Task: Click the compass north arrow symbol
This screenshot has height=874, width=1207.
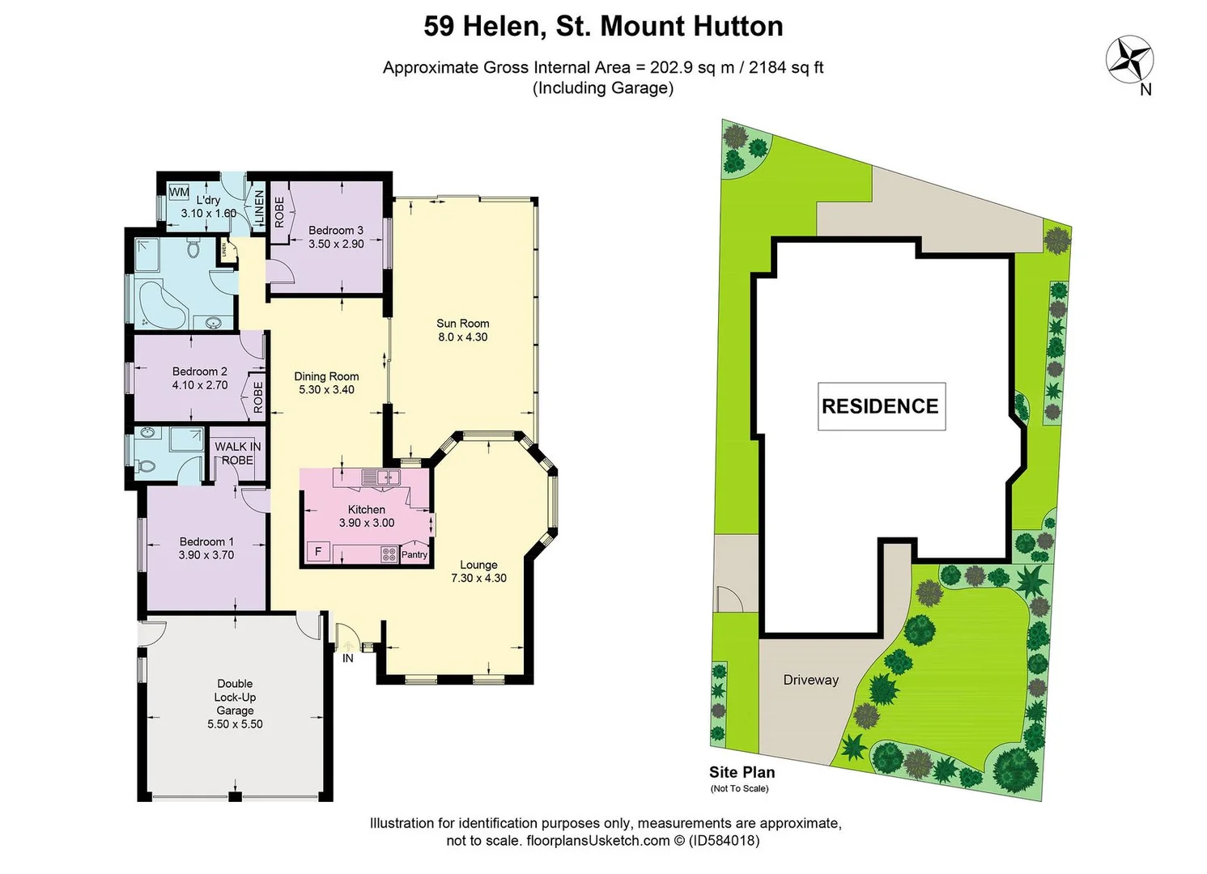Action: [1129, 59]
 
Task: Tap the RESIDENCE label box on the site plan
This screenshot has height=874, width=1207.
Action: [881, 406]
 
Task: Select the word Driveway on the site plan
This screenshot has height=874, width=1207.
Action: [810, 680]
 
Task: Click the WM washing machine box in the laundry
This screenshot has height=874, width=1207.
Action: [179, 193]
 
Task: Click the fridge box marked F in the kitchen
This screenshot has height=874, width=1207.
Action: [317, 552]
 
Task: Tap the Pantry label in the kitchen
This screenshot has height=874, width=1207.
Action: [414, 554]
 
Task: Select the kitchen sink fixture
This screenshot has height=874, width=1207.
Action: [380, 477]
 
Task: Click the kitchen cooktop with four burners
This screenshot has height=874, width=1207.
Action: [389, 554]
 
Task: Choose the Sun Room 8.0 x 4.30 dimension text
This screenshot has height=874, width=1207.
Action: [463, 337]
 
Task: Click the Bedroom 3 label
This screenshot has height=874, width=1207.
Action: [336, 230]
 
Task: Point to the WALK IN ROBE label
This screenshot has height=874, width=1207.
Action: [236, 453]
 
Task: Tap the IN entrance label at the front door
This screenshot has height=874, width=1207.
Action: [348, 658]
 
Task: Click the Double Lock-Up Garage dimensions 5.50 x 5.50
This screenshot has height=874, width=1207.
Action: [235, 724]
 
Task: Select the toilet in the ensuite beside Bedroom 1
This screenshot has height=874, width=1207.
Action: [146, 467]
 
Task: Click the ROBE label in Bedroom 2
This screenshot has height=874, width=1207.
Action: [258, 397]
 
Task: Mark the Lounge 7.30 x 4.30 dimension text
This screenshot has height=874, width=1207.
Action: [478, 578]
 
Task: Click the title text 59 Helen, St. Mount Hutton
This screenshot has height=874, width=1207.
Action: [603, 26]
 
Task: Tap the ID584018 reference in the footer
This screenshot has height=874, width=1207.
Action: [724, 841]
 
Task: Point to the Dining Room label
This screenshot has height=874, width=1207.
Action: [326, 376]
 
